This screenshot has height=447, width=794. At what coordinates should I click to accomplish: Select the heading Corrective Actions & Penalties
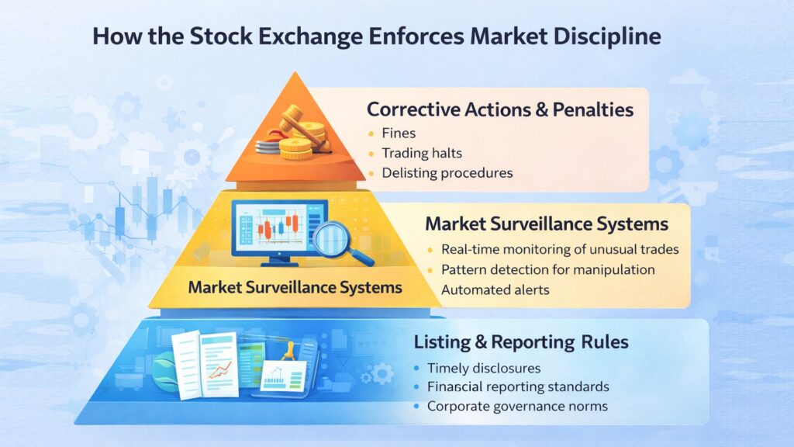(x=500, y=109)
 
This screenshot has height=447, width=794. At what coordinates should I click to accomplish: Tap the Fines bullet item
(x=399, y=133)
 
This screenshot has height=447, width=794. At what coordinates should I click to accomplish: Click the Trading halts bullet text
(x=422, y=153)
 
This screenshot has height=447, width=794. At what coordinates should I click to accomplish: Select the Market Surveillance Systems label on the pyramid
(x=295, y=287)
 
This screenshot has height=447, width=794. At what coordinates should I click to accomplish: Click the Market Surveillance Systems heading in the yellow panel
(x=547, y=224)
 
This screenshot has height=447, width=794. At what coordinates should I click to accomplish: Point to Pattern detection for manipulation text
(x=548, y=270)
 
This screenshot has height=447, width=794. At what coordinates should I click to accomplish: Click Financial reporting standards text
(x=518, y=386)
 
